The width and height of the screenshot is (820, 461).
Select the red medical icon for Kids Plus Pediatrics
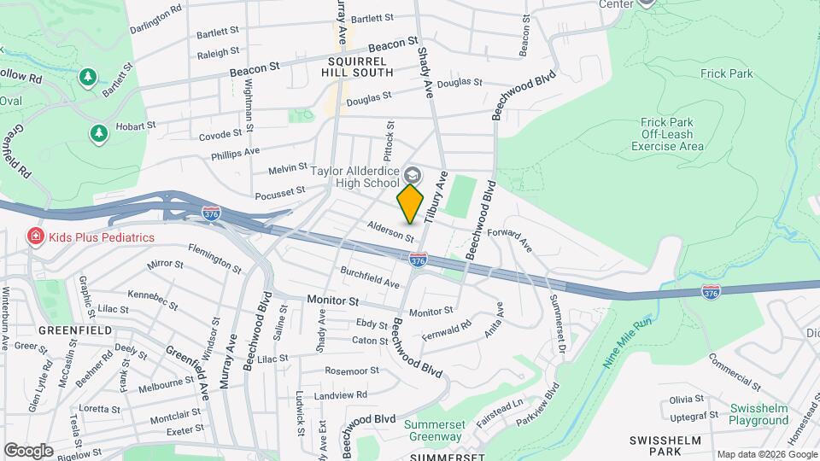pos(36,236)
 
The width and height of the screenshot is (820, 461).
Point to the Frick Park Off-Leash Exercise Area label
pos(668,134)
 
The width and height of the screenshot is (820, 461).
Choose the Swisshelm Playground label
pos(758,414)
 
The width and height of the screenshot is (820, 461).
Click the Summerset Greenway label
pos(433,430)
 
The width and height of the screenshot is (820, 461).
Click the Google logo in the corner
pos(28,450)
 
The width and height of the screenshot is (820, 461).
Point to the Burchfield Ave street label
pos(370,278)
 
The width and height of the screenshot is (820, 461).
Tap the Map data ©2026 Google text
pos(766,454)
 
